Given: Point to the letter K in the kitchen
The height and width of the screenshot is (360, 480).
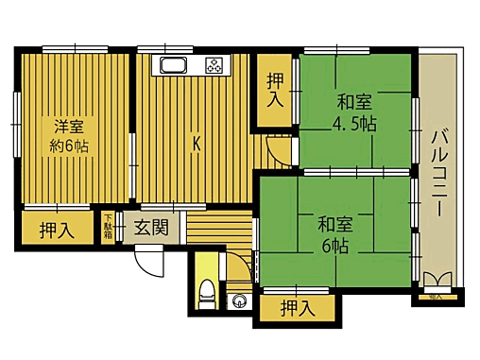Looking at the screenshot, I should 197,144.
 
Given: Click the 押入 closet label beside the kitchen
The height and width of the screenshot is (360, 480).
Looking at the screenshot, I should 275,91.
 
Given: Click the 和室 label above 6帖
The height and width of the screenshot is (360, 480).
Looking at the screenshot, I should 335,225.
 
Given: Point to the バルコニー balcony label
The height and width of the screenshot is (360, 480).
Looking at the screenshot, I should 438,175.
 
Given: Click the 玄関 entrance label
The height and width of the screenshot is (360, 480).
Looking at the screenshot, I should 150,227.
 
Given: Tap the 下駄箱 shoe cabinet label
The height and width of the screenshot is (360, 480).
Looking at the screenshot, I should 109,228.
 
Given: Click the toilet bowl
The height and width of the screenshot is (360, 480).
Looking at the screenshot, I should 205,292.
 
